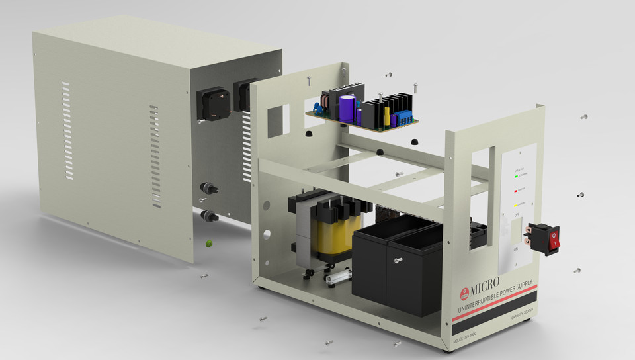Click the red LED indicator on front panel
tap(516, 191)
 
